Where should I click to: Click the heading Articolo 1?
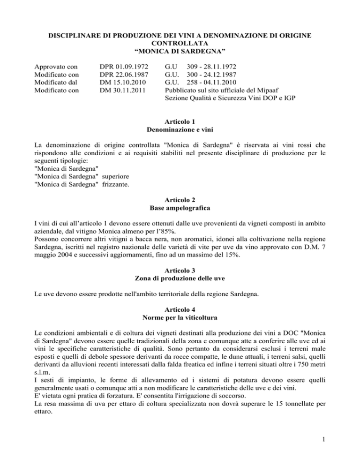pos(180,120)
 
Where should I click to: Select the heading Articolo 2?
pos(180,209)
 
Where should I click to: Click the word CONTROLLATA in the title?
pos(180,40)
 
